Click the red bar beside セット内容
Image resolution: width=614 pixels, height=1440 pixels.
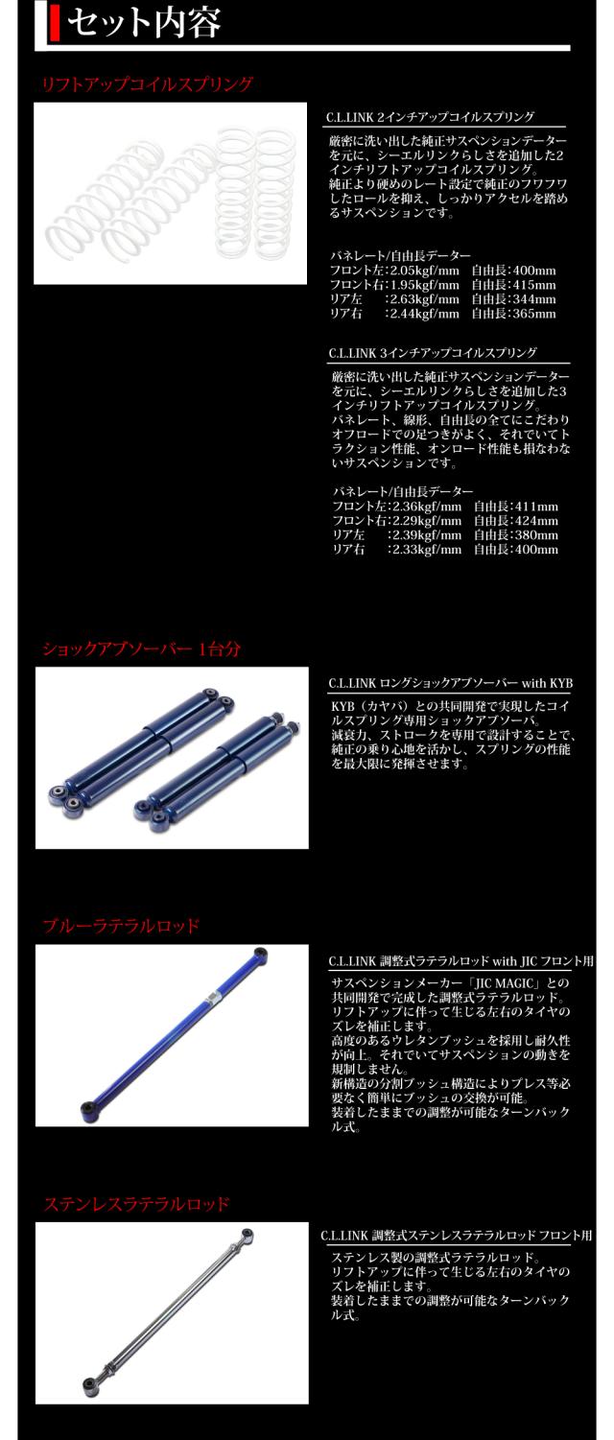(40, 23)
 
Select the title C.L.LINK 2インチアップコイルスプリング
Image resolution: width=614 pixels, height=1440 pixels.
(431, 117)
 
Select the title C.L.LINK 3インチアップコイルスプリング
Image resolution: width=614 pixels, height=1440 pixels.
(431, 353)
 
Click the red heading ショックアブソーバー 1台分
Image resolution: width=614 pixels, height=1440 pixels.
(141, 649)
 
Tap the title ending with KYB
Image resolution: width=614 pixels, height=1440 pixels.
(450, 683)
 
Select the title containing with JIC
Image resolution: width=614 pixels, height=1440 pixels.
(460, 960)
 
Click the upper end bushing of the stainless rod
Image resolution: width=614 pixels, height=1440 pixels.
(248, 1234)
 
